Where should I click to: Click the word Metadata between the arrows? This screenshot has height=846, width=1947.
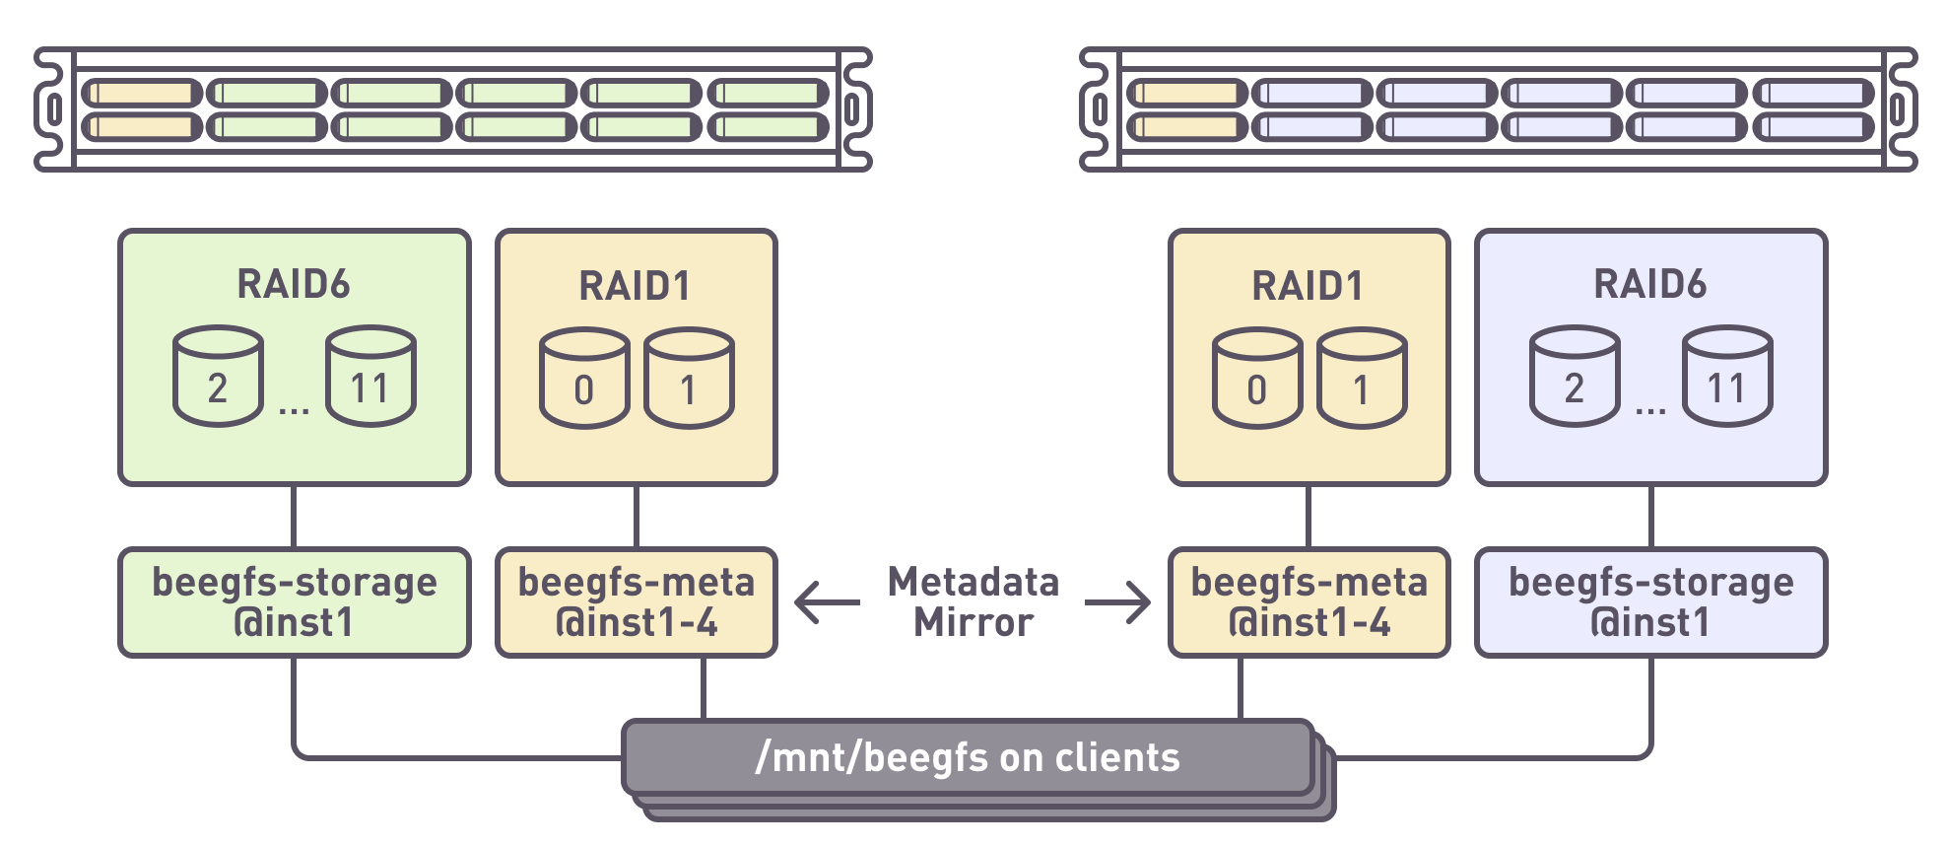coord(973,582)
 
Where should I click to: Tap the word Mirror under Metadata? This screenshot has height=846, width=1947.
coord(973,623)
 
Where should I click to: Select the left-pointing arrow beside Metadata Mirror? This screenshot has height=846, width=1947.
coord(826,602)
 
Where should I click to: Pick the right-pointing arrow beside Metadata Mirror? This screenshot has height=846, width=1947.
coord(1118,602)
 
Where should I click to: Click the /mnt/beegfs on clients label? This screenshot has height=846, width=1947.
coord(968,757)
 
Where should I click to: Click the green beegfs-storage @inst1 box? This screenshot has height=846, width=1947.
coord(294,602)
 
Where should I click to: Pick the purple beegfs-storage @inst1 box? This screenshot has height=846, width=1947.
coord(1650,602)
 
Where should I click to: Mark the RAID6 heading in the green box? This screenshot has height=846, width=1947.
coord(294,284)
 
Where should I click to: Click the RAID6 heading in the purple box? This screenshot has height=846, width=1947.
coord(1650,284)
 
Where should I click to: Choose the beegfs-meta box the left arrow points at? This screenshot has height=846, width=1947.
coord(637,602)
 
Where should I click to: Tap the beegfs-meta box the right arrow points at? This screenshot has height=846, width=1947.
coord(1309,602)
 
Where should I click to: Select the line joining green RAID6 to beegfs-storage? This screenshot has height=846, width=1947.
coord(294,517)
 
